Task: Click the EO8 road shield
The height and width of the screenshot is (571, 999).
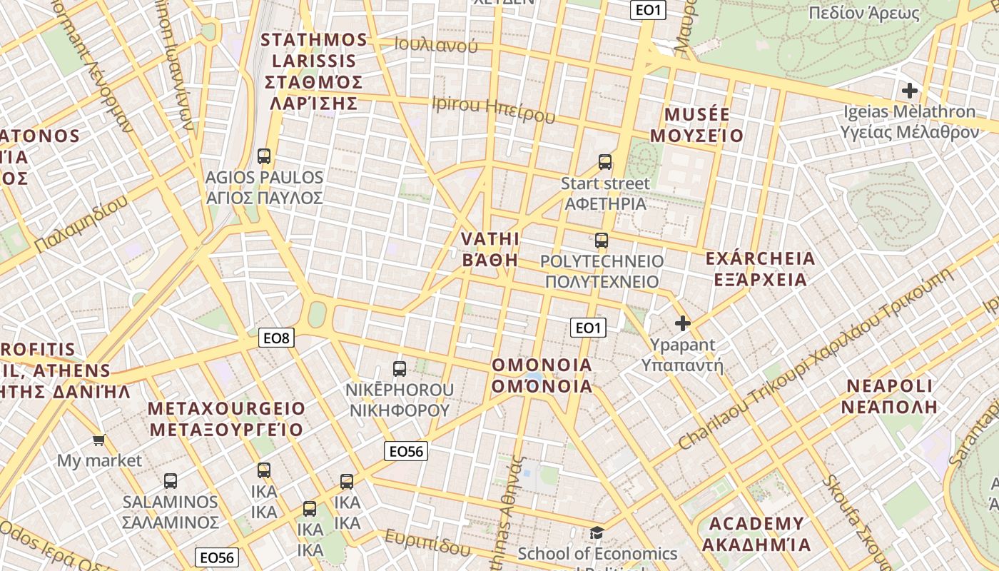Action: point(276,338)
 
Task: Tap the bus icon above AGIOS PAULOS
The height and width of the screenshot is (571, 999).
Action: point(264,156)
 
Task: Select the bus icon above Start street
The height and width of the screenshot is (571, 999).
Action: point(605,162)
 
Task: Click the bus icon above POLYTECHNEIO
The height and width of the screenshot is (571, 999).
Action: point(602,241)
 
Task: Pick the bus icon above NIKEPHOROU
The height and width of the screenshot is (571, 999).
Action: point(400,369)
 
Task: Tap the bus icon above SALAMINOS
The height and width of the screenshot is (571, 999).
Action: point(170,481)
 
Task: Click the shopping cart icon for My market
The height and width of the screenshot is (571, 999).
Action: point(98,440)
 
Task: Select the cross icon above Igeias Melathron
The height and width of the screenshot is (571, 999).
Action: point(909,91)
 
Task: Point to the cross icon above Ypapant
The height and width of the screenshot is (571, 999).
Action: point(682,323)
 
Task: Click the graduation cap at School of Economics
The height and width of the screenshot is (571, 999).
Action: point(597,532)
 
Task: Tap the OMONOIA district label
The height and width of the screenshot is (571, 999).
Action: point(542,375)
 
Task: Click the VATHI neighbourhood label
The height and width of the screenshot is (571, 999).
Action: point(490,248)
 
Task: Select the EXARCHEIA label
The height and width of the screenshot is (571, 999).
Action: point(760,268)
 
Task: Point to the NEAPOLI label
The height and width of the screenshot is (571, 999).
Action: point(889,396)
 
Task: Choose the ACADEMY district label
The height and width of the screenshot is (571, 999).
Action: point(756,534)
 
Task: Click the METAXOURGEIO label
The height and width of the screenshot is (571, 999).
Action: point(226,419)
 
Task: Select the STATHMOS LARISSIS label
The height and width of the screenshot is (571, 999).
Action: point(314,71)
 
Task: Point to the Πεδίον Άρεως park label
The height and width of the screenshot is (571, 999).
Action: point(863,13)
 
